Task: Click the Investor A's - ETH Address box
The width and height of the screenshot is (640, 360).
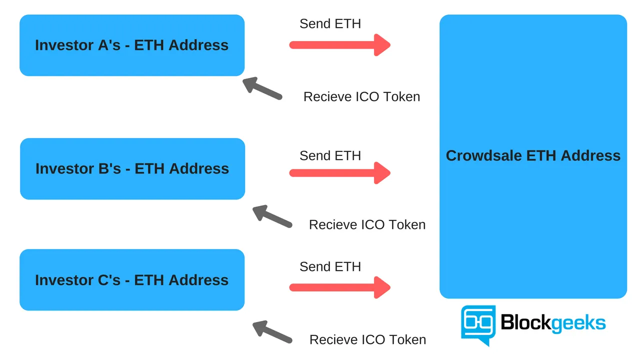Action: (x=132, y=45)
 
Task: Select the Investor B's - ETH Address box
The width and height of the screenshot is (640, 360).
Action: (x=132, y=169)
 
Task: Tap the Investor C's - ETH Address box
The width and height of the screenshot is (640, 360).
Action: (x=132, y=280)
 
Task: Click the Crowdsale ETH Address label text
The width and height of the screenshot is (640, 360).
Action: (x=533, y=155)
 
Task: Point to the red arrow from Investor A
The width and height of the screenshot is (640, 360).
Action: (x=339, y=45)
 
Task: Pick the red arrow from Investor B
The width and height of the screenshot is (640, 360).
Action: (x=339, y=173)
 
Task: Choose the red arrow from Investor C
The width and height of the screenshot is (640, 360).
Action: (x=339, y=287)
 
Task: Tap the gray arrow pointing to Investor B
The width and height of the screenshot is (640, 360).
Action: (x=272, y=216)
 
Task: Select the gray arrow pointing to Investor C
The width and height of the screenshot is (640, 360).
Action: (x=272, y=331)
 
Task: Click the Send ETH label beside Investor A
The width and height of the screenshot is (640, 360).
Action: (x=330, y=23)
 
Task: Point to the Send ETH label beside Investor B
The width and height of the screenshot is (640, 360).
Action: (x=330, y=155)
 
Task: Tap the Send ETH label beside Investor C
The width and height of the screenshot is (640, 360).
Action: (x=330, y=266)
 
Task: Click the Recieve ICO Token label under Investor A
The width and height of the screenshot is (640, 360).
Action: (x=361, y=96)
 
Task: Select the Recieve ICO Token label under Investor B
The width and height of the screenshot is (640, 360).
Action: (x=367, y=224)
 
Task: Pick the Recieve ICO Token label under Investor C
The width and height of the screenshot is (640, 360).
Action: (x=367, y=339)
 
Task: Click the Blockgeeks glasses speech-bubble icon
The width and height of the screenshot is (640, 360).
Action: (x=478, y=324)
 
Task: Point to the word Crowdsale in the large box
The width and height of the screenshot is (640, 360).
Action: (x=483, y=155)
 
